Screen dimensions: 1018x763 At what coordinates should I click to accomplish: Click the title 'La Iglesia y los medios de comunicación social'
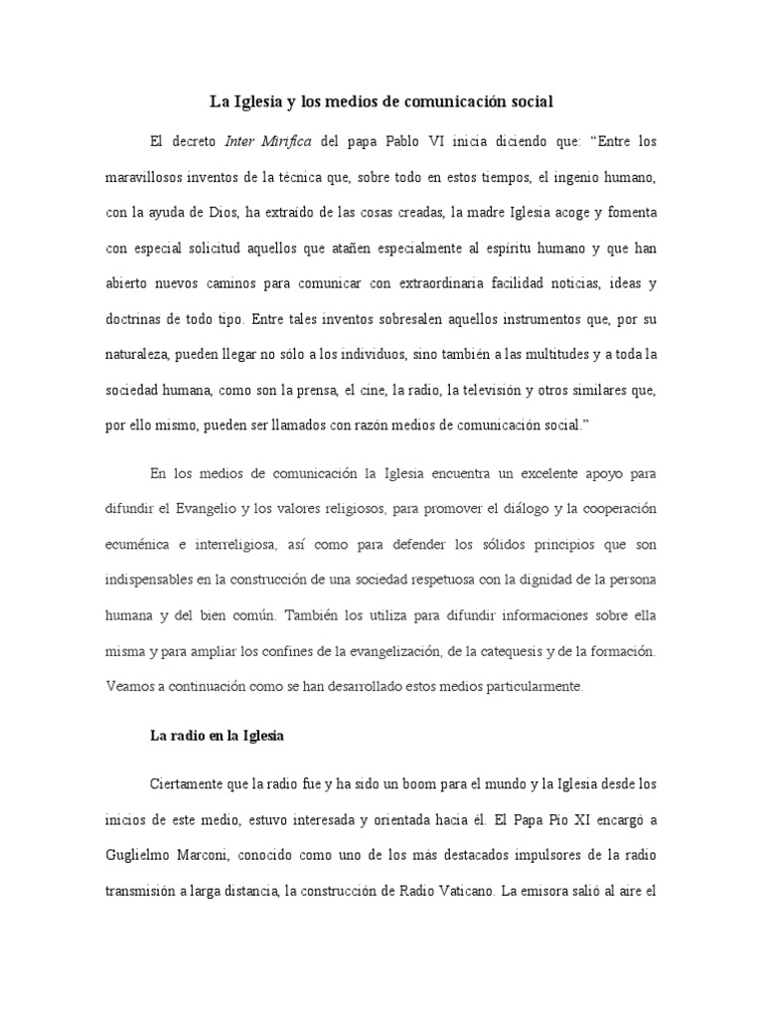[381, 101]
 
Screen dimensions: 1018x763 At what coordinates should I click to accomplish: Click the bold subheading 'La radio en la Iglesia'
[217, 736]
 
